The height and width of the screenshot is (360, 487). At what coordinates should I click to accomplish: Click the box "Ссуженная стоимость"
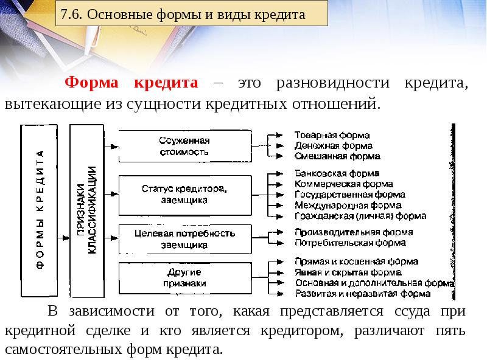tap(184, 146)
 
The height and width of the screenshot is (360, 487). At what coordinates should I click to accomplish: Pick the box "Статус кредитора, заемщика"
tap(184, 194)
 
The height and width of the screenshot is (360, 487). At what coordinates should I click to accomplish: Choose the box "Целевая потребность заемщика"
tap(184, 239)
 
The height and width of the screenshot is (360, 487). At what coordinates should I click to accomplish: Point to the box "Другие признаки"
tap(184, 278)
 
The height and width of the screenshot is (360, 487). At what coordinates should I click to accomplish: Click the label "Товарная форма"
tap(332, 135)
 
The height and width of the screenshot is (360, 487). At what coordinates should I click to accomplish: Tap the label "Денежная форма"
tap(334, 146)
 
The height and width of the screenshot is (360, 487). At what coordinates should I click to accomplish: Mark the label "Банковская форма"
tap(337, 173)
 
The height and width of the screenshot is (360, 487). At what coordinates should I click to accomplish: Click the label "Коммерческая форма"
tap(343, 184)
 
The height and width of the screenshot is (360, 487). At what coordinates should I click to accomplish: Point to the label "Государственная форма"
tap(349, 195)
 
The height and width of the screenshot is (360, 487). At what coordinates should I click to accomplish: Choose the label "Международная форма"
tap(348, 206)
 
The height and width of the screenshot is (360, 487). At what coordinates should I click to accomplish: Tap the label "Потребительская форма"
tap(349, 243)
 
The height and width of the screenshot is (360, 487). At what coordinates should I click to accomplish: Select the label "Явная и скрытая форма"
tap(348, 272)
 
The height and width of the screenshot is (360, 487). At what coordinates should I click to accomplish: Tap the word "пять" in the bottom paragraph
tap(450, 331)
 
